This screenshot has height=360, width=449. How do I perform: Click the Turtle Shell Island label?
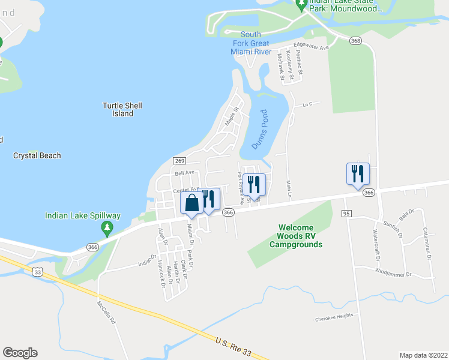[122, 109]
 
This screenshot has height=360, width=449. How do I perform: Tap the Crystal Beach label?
[37, 155]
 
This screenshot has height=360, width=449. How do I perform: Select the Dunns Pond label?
[259, 130]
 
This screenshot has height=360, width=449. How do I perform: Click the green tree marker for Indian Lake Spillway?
[107, 228]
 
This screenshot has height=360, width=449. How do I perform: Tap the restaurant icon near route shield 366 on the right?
[358, 174]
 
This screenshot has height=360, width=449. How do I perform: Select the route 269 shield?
[179, 160]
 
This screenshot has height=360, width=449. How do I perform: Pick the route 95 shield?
[346, 214]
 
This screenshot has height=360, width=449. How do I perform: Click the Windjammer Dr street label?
[394, 275]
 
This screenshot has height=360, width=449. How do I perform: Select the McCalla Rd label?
[107, 313]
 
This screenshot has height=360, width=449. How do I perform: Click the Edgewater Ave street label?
[311, 47]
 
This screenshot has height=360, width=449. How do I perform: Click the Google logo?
[20, 353]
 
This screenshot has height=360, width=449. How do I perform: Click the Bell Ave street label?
[185, 173]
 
